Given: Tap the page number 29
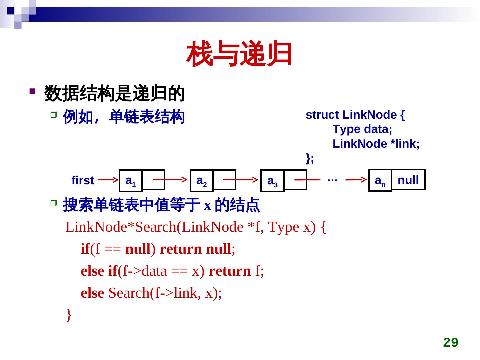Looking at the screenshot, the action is coord(451,342).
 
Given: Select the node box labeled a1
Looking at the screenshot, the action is coord(131,181).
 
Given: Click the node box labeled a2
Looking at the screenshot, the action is coord(202,181).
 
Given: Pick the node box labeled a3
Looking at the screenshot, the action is coord(272,181).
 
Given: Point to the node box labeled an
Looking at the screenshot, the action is coord(380,181).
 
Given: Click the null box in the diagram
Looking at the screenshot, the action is coord(408,180).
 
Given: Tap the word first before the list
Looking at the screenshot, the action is coord(83,180).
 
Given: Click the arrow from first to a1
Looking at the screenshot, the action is coord(108,179).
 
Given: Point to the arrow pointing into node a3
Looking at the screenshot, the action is coord(241,179).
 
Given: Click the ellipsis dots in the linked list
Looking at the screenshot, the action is coord(332,179).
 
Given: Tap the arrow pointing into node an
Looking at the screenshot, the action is coord(356,180).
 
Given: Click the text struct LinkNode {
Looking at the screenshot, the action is coord(355,115).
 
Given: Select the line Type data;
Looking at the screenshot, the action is coord(362,129).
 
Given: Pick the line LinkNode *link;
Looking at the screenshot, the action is coord(376,144).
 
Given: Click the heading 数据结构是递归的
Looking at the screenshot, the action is coord(114,93).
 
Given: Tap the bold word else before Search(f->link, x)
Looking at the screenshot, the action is coord(92,293).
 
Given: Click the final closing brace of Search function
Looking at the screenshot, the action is coord(69,314).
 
